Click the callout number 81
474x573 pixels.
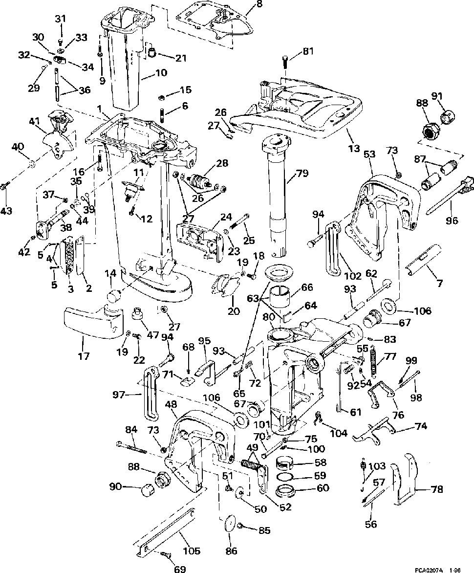pos(308,51)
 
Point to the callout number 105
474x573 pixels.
pos(192,551)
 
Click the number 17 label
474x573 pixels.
pos(84,355)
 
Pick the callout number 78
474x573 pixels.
pos(437,488)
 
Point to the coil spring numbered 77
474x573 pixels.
pos(373,362)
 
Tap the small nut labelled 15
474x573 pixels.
pos(161,97)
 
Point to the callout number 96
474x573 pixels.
pos(452,220)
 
